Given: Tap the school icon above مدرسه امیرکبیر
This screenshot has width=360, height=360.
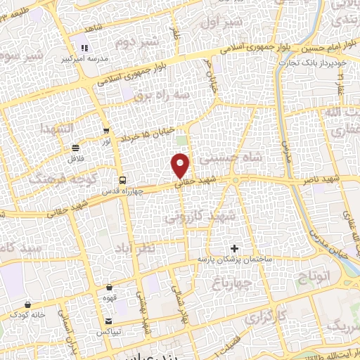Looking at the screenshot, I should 84,49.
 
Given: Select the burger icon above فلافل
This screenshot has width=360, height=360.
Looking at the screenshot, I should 75,148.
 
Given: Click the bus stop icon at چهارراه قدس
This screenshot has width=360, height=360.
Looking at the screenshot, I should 123,180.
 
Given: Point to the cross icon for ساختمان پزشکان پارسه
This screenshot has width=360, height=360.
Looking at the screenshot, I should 235,248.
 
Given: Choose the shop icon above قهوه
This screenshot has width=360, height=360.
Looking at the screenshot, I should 110,288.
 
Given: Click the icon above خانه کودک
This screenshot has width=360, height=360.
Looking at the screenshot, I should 27,304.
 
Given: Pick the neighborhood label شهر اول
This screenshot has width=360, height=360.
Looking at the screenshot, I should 222,23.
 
